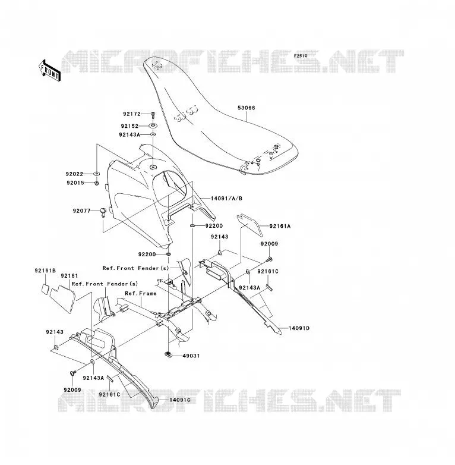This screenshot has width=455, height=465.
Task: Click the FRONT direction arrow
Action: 49,71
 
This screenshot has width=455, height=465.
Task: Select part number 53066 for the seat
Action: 246,108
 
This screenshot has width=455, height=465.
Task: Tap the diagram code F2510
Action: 301,56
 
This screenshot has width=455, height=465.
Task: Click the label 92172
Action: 132,114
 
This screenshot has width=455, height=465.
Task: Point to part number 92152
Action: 129,126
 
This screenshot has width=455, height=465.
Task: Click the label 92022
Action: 74,174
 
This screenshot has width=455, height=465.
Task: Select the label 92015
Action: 75,183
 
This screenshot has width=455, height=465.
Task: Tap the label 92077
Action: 81,211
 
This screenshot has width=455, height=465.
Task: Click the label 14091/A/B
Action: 226,198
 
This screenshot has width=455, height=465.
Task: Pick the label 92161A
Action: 280,227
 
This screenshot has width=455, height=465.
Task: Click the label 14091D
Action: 299,328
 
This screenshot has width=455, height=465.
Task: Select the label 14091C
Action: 180,400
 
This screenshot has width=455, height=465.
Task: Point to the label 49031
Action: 191,356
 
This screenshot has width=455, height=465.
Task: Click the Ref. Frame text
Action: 141,293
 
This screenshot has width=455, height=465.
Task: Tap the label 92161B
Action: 45,271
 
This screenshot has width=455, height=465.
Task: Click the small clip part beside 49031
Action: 168,354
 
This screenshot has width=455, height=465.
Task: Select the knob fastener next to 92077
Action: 103,212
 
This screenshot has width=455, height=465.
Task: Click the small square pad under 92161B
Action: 45,289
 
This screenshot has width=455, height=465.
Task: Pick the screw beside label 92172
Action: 153,114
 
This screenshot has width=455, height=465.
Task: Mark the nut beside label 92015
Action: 96,183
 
